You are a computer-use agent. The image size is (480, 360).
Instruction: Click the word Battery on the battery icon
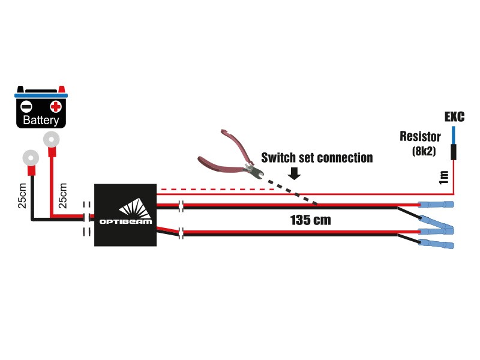[41, 120]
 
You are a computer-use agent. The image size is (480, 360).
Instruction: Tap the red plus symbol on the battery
[56, 107]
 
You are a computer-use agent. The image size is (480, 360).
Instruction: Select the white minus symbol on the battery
[26, 107]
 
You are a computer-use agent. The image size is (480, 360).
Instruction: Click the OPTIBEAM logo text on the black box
[125, 221]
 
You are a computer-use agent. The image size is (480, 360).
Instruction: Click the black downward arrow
[295, 173]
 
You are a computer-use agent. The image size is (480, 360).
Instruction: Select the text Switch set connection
[317, 158]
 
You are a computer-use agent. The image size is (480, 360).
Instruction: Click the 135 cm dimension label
[310, 220]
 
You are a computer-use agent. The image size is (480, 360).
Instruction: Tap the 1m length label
[443, 178]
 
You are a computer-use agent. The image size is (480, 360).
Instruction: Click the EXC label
[454, 116]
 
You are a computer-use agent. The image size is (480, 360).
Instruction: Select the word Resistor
[421, 137]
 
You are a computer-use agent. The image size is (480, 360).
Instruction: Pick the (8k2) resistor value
[424, 151]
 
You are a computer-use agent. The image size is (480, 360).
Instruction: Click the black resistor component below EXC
[454, 152]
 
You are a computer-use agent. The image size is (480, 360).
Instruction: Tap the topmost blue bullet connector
[436, 204]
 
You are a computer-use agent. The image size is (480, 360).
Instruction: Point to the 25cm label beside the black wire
[22, 196]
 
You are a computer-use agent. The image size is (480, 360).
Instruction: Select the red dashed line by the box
[217, 190]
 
